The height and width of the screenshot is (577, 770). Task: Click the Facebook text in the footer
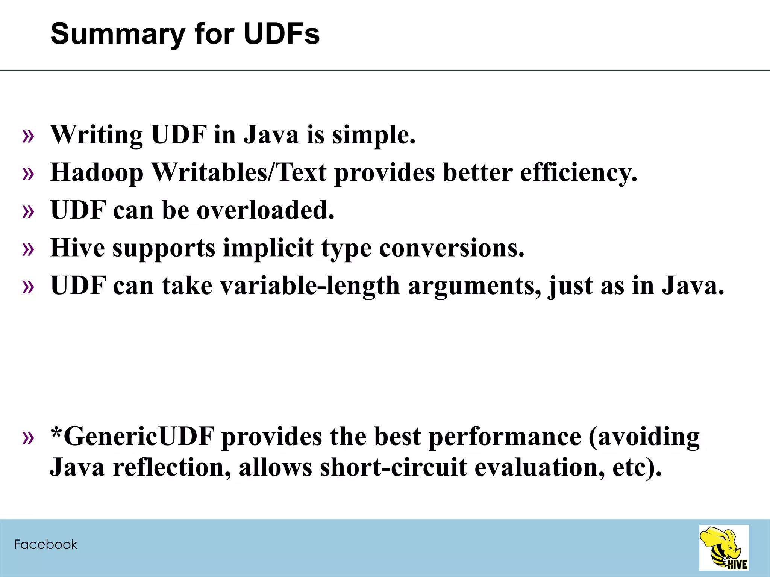tap(45, 544)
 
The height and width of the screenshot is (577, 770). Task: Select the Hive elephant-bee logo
tap(724, 548)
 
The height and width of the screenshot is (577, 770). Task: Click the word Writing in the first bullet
tap(97, 135)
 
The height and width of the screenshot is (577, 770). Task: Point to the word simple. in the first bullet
tap(374, 135)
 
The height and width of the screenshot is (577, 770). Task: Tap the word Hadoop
tap(97, 173)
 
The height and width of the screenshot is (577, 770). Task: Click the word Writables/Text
tap(239, 173)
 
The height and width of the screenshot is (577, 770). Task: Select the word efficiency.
tap(579, 173)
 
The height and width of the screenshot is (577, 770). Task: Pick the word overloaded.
tap(265, 210)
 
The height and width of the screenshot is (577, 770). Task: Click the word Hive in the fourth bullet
tap(77, 248)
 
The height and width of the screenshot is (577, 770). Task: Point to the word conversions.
tap(452, 248)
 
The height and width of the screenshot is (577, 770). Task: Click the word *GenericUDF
tap(132, 437)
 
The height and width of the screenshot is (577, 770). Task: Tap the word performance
tap(505, 437)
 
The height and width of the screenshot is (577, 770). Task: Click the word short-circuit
tap(393, 467)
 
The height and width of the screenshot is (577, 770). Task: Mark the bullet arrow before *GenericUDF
tap(28, 438)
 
